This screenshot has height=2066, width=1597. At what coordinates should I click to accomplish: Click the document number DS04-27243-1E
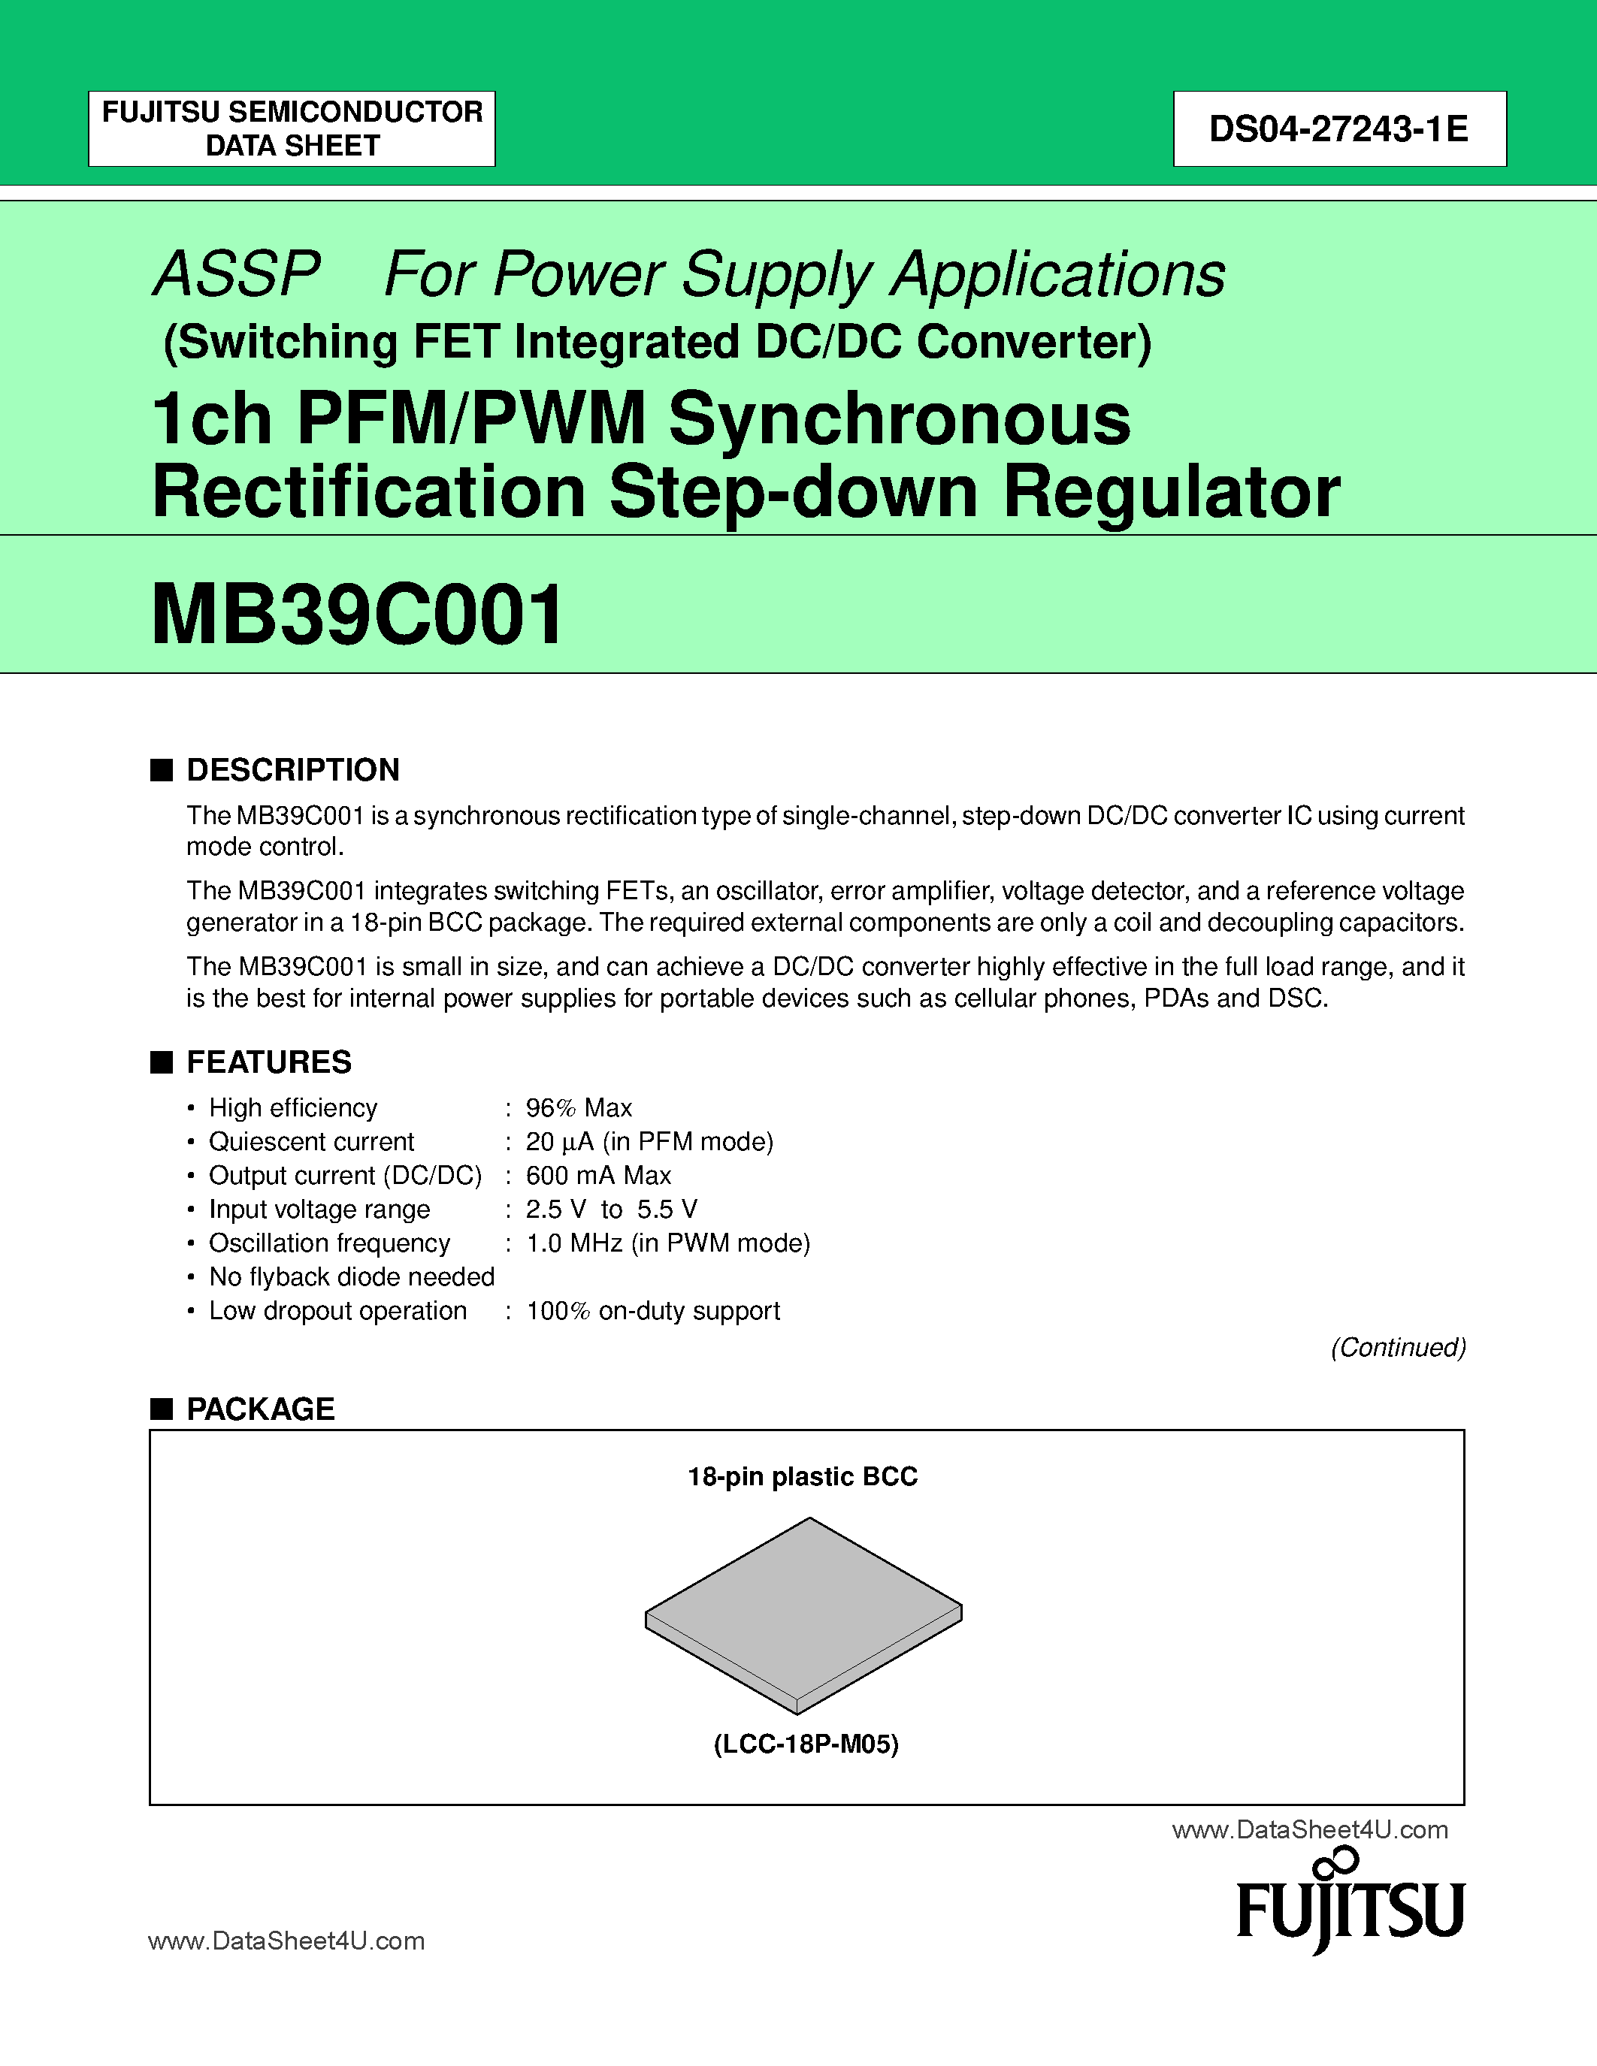pos(1338,128)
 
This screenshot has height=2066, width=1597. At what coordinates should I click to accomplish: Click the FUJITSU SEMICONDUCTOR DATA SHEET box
pos(292,128)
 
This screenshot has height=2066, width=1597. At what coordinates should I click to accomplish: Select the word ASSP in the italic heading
pos(237,274)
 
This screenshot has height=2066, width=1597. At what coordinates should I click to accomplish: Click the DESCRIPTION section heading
pos(292,770)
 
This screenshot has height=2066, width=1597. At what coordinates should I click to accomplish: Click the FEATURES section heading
pos(269,1062)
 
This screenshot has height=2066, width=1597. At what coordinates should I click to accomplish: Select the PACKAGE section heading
pos(260,1409)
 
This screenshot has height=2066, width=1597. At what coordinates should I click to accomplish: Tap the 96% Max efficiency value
pos(579,1107)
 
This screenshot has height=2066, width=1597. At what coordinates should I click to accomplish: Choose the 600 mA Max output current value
pos(598,1176)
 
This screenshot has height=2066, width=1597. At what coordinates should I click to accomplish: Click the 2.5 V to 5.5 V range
pos(611,1209)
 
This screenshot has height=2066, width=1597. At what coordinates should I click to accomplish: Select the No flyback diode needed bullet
pos(351,1277)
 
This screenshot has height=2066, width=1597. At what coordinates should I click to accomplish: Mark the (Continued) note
pos(1397,1347)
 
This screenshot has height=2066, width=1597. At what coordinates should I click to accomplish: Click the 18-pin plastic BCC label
pos(803,1477)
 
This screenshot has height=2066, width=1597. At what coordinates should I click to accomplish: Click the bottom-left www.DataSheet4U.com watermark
pos(286,1941)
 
